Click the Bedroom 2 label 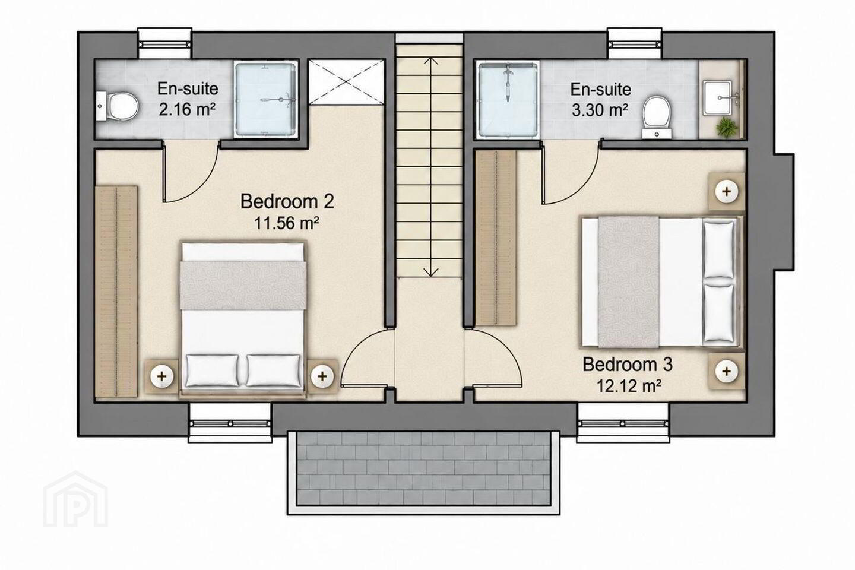[287, 201]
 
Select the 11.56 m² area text [287, 223]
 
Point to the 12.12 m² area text [629, 386]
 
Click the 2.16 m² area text [188, 110]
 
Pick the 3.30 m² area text [601, 110]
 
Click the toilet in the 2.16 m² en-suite [118, 106]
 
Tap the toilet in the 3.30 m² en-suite [657, 116]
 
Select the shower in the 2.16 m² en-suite [265, 99]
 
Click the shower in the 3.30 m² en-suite [509, 100]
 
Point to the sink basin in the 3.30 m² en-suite [718, 97]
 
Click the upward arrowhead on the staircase [431, 61]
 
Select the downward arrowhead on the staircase [431, 272]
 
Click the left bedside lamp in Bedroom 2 [162, 376]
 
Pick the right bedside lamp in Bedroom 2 [322, 376]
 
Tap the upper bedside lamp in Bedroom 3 [726, 191]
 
